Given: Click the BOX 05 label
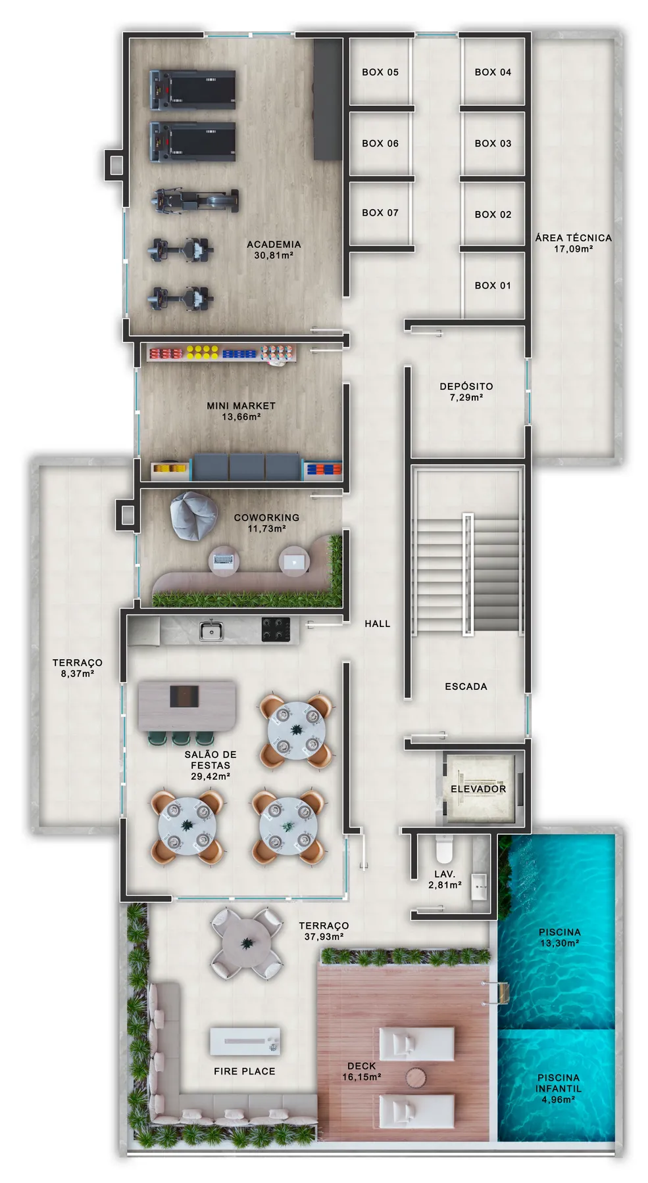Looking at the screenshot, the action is tap(380, 72).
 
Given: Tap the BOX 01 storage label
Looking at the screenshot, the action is tap(493, 285).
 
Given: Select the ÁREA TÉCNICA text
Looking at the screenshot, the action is tap(573, 238).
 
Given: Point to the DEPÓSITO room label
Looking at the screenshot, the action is tap(466, 386).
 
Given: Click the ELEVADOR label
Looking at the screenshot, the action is tap(478, 789).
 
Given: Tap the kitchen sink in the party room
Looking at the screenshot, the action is tap(211, 630).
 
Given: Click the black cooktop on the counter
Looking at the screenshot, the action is tap(276, 629).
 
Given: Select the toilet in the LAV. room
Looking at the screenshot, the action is tap(444, 848).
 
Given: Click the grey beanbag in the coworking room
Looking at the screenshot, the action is tap(193, 516).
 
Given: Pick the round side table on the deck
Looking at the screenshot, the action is tap(416, 1077).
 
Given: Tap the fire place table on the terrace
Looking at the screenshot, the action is tap(245, 1041).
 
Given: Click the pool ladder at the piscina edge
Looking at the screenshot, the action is tap(495, 992).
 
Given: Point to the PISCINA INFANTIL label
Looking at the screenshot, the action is tap(559, 1088).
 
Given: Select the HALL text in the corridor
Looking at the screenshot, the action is tap(378, 624).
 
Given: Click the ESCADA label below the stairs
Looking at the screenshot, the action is tap(466, 686).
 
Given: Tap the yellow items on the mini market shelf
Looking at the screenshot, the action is tap(202, 352).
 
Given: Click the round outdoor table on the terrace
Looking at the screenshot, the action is tap(247, 944).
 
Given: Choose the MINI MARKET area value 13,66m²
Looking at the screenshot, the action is tap(241, 417).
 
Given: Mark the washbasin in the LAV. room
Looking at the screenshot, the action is tap(480, 887).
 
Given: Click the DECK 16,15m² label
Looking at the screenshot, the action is tap(362, 1071).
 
